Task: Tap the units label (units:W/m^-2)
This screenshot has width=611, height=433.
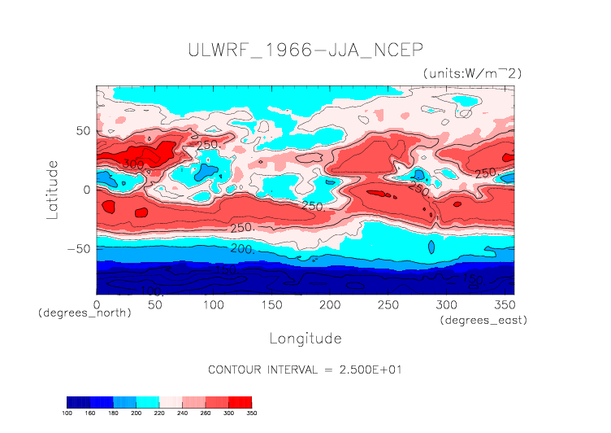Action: point(472,73)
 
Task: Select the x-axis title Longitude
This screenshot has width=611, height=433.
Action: point(305,338)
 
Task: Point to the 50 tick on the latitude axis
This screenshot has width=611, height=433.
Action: point(81,131)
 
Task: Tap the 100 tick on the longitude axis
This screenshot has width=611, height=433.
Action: point(213,304)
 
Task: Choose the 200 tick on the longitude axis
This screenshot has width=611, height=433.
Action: point(329,304)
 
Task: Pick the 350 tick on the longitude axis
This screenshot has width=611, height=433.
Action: point(504,304)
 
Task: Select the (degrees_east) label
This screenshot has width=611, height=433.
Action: point(483,321)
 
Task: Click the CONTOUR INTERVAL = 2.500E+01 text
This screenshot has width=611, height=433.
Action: point(305,370)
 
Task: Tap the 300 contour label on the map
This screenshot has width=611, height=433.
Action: point(133,164)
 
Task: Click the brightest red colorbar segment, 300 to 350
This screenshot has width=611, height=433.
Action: point(240,402)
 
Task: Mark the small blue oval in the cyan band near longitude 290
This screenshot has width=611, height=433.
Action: point(431,247)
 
